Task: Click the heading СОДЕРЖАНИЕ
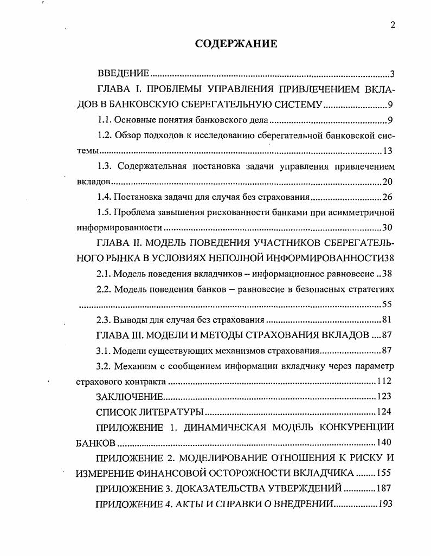[x=236, y=44]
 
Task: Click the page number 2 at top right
[x=393, y=24]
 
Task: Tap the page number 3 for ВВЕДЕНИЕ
[x=393, y=74]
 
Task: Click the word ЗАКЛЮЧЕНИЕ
[x=129, y=396]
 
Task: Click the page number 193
[x=385, y=503]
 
